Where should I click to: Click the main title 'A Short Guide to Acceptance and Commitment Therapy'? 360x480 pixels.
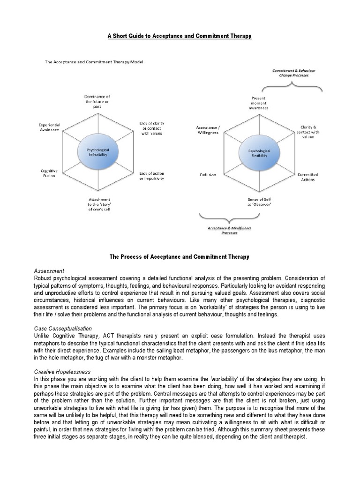[180, 36]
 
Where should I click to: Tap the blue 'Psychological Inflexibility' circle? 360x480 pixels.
[98, 151]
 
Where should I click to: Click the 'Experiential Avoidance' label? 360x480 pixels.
[49, 127]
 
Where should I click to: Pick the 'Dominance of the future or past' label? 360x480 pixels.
[97, 101]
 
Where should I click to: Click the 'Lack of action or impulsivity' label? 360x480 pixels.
[152, 176]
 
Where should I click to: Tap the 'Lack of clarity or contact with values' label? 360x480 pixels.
[152, 128]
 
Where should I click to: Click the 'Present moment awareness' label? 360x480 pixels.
[259, 103]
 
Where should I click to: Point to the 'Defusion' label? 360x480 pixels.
[208, 175]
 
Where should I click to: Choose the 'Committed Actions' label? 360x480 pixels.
[307, 177]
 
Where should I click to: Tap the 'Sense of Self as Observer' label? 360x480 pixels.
[260, 202]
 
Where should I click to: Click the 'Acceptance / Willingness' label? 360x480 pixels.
[207, 130]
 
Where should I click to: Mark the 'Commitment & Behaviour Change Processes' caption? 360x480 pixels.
[294, 73]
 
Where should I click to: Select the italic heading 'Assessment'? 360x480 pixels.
[49, 271]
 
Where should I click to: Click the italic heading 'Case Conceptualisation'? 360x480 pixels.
[63, 329]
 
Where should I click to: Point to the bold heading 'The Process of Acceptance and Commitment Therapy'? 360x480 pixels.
[180, 257]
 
